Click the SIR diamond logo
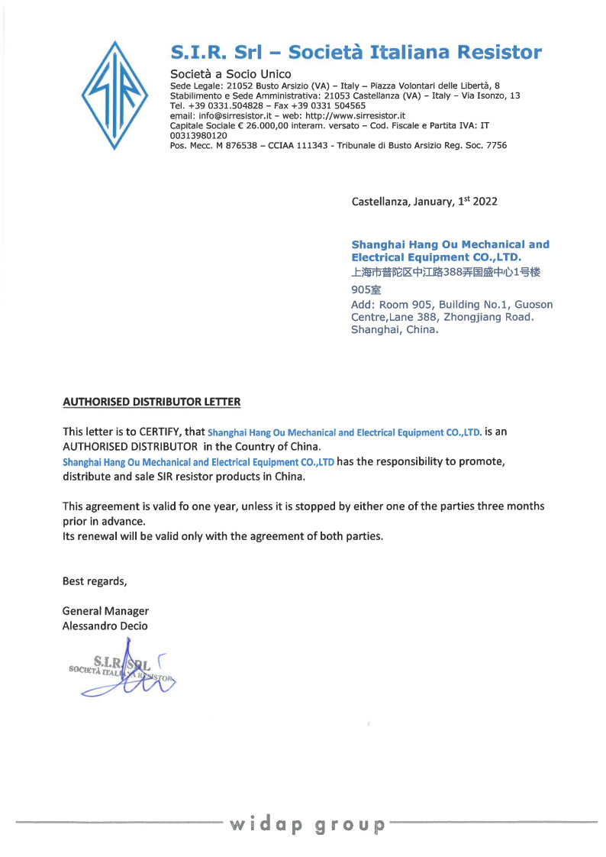[115, 95]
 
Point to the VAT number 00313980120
[198, 135]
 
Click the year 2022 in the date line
[485, 202]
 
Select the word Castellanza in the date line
[379, 202]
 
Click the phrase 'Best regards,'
[95, 581]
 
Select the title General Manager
[105, 611]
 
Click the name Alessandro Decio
[105, 626]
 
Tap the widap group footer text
[308, 824]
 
